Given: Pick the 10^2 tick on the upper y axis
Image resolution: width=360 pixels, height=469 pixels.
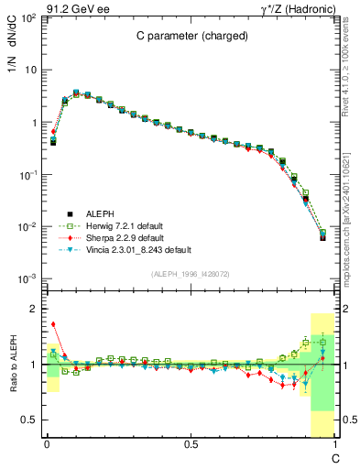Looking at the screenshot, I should click(27, 18).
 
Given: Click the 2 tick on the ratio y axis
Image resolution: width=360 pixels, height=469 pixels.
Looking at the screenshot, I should click(35, 309).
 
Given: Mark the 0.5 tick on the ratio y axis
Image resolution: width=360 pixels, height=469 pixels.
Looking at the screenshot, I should click(30, 420).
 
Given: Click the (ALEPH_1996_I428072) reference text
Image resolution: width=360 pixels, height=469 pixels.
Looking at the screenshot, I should click(190, 273).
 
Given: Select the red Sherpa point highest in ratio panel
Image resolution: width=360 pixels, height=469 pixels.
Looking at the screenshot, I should click(53, 324).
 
